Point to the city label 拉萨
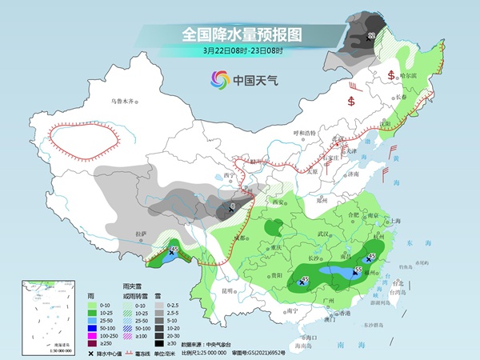pos(142,234)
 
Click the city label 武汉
pos(324,233)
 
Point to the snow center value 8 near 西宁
pos(233,207)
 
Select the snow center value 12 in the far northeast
pos(370,37)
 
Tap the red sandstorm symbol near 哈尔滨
pos(390,75)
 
